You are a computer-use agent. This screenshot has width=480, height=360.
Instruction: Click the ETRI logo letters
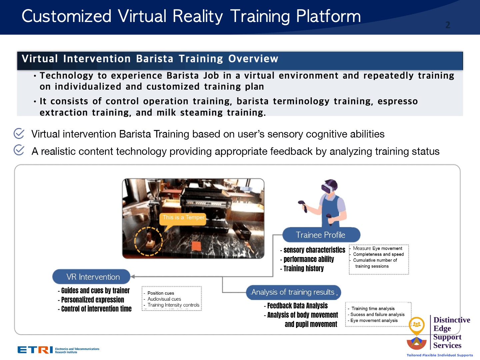[x=35, y=350]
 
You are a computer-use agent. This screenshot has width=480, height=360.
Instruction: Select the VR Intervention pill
[x=91, y=277]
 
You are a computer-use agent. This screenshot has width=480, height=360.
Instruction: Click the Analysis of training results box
[x=293, y=292]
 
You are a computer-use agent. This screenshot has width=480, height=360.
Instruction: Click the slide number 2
[x=448, y=25]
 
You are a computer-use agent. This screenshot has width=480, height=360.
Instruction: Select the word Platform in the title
[x=328, y=17]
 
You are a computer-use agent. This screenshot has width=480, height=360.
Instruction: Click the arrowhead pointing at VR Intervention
[x=133, y=277]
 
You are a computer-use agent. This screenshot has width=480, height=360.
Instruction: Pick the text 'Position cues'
[x=161, y=293]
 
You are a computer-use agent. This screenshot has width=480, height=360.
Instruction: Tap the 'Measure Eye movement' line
[x=377, y=248]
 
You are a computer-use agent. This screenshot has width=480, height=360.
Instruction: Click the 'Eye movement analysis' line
[x=374, y=320]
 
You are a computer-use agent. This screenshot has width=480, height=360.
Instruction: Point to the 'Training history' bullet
[x=302, y=268]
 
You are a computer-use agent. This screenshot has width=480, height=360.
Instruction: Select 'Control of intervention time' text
[x=95, y=309]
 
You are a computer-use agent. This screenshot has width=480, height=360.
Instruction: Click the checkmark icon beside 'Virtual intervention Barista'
[x=19, y=134]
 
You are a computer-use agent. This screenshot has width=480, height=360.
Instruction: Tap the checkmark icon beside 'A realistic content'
[x=19, y=150]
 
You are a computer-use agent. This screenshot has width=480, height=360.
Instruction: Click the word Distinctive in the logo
[x=452, y=320]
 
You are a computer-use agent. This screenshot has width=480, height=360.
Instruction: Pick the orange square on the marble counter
[x=196, y=246]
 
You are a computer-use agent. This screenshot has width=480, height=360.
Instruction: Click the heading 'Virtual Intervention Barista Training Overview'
[x=150, y=59]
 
